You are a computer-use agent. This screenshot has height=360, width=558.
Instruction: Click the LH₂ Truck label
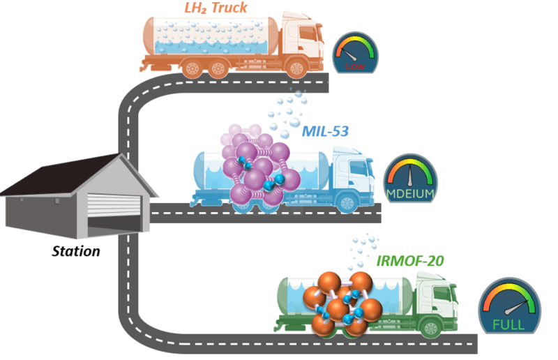216,8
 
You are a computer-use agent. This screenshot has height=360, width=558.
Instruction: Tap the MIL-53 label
325,131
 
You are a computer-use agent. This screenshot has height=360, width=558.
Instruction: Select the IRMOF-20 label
410,261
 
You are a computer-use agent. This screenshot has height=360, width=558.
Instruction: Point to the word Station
76,251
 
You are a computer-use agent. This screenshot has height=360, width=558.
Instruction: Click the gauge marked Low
355,52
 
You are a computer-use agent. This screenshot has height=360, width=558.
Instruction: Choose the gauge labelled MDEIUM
410,178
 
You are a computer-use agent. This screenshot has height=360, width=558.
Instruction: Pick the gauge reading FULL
509,306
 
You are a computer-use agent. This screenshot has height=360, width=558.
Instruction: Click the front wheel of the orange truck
296,68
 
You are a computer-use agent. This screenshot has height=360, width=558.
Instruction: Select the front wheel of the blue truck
347,203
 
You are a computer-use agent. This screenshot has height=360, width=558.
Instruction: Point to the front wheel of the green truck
431,328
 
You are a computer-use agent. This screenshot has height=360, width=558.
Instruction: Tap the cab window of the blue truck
359,167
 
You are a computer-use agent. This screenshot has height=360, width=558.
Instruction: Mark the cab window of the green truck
442,294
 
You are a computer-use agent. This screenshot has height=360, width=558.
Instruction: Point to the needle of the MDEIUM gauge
410,175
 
